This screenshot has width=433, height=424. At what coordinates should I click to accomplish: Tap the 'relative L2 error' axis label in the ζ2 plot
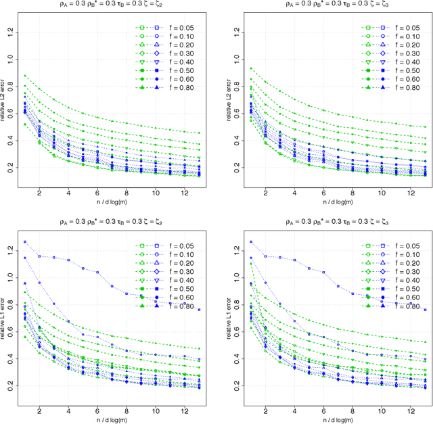point(6,101)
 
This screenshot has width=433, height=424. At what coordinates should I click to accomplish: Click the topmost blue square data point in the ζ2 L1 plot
point(25,241)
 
